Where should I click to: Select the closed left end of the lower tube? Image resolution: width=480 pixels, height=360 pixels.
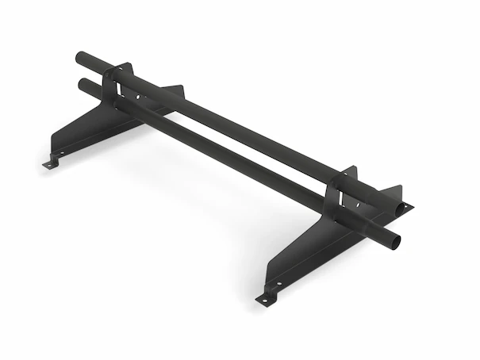[80, 83]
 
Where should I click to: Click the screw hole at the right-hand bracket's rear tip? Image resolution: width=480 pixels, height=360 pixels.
[406, 206]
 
